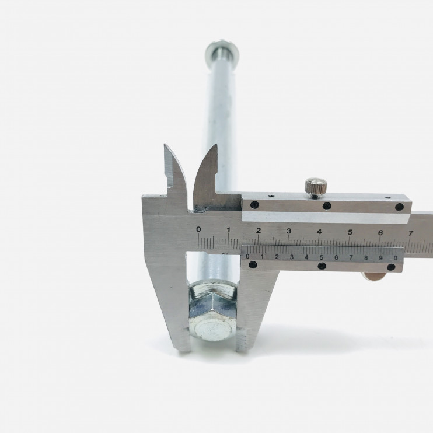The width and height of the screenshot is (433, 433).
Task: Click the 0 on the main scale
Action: point(198,229)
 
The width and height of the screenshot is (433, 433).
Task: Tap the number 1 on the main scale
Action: point(228,230)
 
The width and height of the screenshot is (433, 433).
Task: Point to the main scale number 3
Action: point(289,231)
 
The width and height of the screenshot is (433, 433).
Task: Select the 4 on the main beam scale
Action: point(319,232)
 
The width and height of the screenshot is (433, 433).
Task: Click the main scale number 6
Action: point(380,233)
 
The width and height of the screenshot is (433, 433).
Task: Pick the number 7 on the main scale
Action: point(411,233)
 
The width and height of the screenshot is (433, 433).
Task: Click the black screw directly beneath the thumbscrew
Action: point(327,206)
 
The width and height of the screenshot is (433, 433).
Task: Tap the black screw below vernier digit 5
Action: point(322,266)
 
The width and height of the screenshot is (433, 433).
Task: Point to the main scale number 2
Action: point(259,231)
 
